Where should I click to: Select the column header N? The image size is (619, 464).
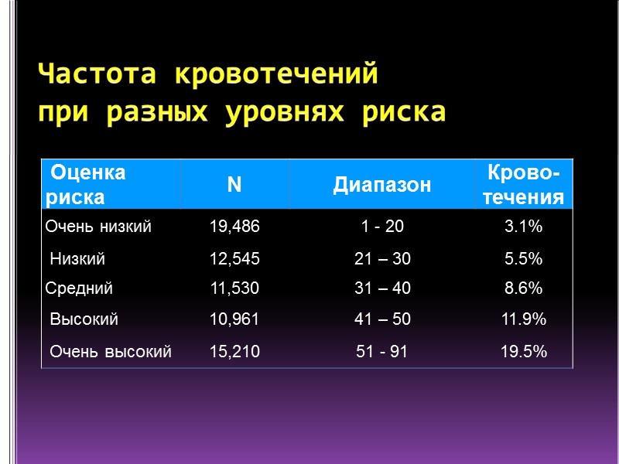point(234,184)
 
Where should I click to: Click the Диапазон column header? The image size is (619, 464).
point(382,185)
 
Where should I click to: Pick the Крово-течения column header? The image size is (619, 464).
point(523,184)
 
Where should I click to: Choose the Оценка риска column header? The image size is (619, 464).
point(86,184)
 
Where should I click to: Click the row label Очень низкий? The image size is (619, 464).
point(98,227)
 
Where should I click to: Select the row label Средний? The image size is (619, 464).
point(80,288)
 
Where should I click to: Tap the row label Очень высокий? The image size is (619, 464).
point(110,352)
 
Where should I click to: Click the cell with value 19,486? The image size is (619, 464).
point(235,227)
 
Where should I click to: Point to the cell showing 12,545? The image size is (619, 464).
point(235,259)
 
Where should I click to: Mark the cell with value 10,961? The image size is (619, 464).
point(234,319)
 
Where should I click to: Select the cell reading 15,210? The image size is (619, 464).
point(235,352)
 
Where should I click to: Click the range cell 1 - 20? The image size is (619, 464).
point(382,227)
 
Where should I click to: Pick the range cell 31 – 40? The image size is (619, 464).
point(383,288)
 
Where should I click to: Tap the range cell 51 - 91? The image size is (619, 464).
point(382,352)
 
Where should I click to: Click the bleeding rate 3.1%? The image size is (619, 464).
point(523,227)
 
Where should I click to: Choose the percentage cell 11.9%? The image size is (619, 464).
point(523,319)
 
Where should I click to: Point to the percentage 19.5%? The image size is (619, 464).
point(523,352)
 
